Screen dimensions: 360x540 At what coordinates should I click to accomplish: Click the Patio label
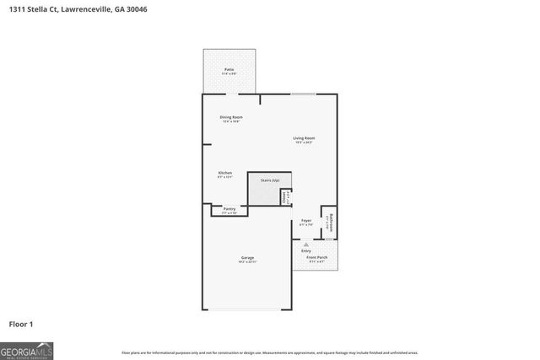click(229, 69)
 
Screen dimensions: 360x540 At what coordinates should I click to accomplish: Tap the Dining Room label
click(231, 117)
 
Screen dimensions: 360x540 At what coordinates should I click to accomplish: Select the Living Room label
click(304, 137)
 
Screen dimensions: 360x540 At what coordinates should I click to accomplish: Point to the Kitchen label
click(225, 172)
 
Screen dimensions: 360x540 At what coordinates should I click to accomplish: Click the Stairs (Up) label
click(269, 180)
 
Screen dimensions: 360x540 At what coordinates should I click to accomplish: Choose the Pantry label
click(229, 208)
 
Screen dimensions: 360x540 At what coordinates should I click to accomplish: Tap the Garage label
click(247, 257)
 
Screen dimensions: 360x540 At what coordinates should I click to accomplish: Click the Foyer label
click(306, 220)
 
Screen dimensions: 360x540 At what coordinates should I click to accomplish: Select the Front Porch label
click(317, 257)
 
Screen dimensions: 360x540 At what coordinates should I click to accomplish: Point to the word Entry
click(305, 250)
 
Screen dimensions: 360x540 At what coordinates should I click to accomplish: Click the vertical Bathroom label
click(332, 223)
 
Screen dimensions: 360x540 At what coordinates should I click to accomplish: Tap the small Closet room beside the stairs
click(285, 196)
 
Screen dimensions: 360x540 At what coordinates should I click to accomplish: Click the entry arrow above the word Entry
click(305, 244)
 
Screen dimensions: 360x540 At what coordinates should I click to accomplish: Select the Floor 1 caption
click(21, 323)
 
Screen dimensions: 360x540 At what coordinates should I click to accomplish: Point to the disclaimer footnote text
click(269, 352)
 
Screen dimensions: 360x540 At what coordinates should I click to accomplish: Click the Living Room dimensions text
click(304, 142)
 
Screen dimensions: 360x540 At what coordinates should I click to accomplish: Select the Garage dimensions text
click(247, 262)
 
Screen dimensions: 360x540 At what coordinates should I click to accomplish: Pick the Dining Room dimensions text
click(231, 122)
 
